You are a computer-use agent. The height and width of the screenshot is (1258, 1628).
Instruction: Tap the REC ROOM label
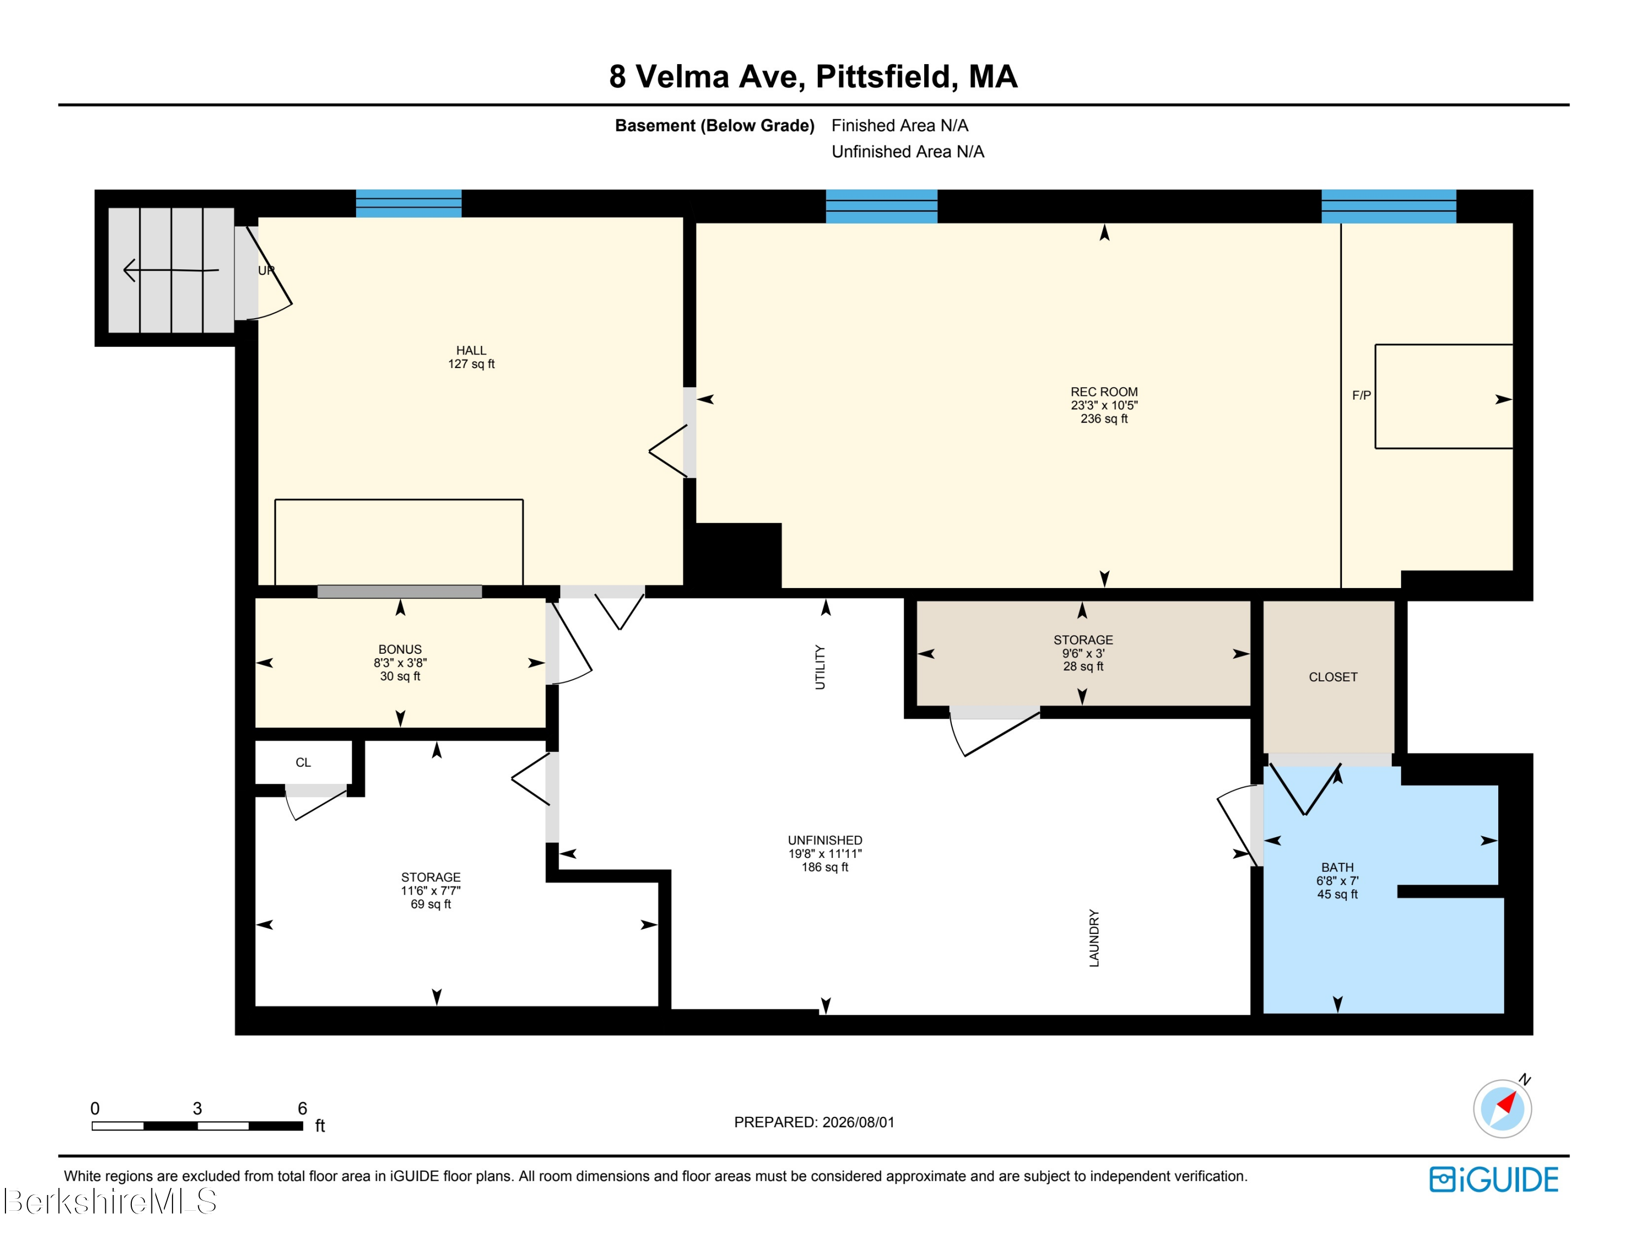[1104, 392]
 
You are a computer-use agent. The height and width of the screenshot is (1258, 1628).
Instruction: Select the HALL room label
[471, 351]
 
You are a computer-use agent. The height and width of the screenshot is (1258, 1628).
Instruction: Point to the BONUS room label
[400, 649]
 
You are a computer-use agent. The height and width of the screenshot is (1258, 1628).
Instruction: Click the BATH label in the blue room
[1337, 867]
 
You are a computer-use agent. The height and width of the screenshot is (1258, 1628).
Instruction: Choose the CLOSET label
[1333, 677]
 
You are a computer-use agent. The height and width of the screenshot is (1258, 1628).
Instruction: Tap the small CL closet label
[303, 762]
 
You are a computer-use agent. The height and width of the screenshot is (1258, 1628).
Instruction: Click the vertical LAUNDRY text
[1094, 938]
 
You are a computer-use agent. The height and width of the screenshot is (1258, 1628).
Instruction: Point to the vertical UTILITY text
[820, 667]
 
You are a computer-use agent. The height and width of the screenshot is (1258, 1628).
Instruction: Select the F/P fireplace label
[1361, 395]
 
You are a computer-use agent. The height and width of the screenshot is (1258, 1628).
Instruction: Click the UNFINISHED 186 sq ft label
[825, 854]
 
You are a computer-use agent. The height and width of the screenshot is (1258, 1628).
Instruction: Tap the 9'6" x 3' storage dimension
[1083, 653]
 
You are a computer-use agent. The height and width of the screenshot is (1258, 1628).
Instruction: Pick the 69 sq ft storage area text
[431, 905]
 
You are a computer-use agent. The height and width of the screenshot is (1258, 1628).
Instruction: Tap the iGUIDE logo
[1494, 1180]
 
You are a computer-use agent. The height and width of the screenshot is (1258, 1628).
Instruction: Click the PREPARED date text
[814, 1122]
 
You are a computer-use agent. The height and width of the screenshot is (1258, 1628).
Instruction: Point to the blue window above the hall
[409, 204]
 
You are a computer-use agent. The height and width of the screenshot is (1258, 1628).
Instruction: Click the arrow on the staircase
[171, 270]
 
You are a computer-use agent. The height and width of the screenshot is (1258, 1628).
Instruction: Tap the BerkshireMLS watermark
[110, 1202]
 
